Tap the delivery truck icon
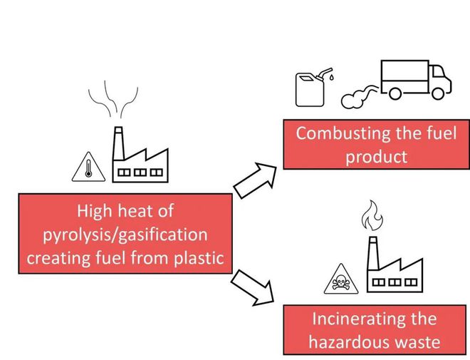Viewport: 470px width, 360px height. click(x=415, y=80)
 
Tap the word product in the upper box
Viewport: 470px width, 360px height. click(x=377, y=156)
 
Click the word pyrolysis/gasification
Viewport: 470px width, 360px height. click(x=125, y=234)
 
